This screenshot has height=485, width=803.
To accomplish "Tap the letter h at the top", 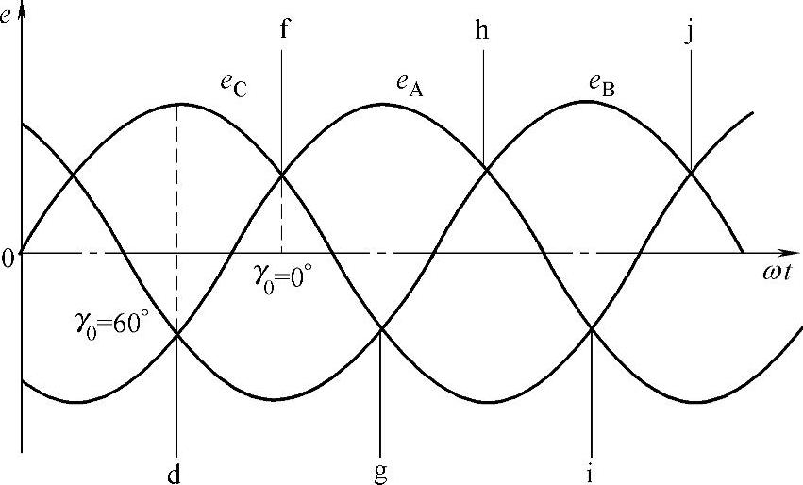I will [x=483, y=28].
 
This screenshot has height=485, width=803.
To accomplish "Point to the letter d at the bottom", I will [x=177, y=471].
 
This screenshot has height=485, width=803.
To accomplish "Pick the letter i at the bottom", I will [x=590, y=471].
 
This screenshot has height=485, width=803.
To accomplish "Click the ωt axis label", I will [x=780, y=275].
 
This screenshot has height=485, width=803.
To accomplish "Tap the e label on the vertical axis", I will [x=8, y=14].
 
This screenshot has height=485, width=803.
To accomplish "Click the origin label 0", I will [x=8, y=258].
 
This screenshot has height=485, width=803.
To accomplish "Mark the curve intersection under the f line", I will [x=282, y=173].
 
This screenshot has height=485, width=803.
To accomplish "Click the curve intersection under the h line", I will [x=484, y=169].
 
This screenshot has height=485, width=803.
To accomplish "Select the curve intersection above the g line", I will [x=379, y=328].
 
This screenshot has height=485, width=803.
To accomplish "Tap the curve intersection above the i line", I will [x=591, y=328].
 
